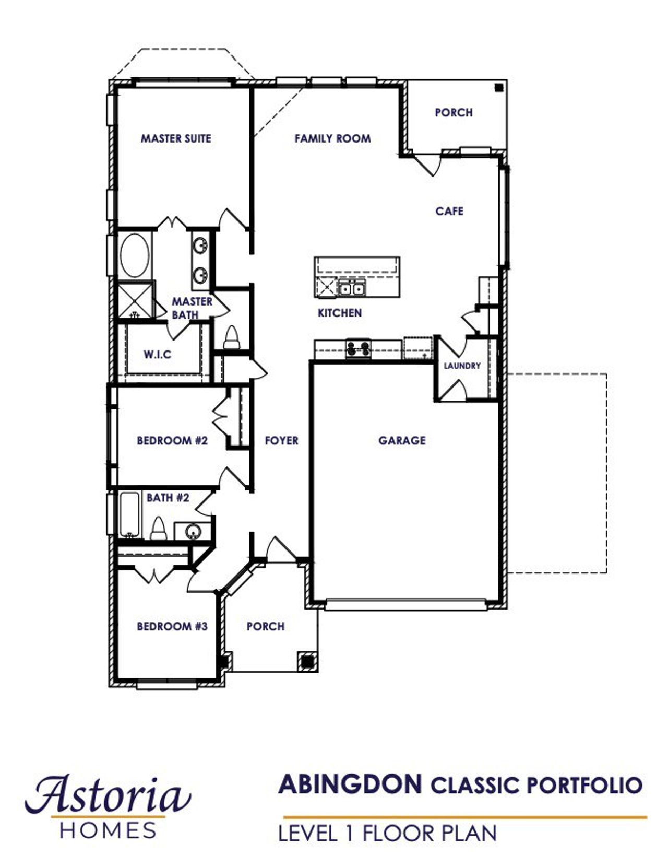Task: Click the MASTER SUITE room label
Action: [x=176, y=138]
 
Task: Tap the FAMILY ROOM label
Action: [x=332, y=138]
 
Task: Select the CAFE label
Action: [x=449, y=211]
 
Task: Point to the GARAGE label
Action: [x=402, y=440]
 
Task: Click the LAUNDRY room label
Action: [x=462, y=366]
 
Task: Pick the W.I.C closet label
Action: [x=157, y=355]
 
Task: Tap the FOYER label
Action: [x=281, y=440]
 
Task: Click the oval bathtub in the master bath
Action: [x=134, y=255]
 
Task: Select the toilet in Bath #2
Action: [x=158, y=529]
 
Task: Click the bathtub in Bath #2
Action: [x=129, y=514]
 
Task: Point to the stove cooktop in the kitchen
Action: [x=359, y=348]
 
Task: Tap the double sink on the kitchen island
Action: [x=352, y=287]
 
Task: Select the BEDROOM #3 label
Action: [x=172, y=626]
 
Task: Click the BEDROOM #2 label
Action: [x=172, y=440]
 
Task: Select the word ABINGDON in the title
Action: [x=350, y=784]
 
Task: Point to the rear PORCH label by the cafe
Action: [x=454, y=112]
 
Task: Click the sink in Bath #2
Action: [x=193, y=532]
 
